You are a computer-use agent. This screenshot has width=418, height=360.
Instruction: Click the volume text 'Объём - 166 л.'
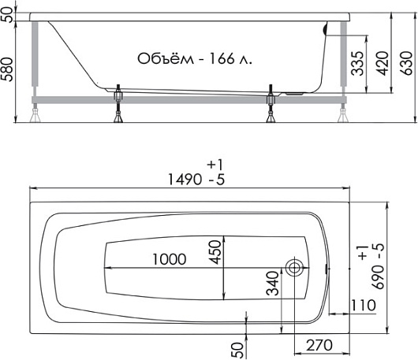click(x=195, y=59)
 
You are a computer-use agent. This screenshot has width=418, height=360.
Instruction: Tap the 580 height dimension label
click(x=7, y=69)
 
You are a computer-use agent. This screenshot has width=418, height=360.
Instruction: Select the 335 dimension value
click(x=357, y=63)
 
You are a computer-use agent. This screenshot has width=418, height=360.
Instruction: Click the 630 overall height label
click(x=406, y=63)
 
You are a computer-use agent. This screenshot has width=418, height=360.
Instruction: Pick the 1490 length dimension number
click(x=185, y=179)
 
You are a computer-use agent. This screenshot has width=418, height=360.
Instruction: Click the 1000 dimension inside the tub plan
click(x=170, y=259)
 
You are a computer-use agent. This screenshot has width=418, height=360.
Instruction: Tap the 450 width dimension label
click(x=215, y=252)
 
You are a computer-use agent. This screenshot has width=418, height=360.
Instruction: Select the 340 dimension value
click(x=272, y=284)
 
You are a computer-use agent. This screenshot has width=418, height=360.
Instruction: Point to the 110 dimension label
click(x=363, y=306)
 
